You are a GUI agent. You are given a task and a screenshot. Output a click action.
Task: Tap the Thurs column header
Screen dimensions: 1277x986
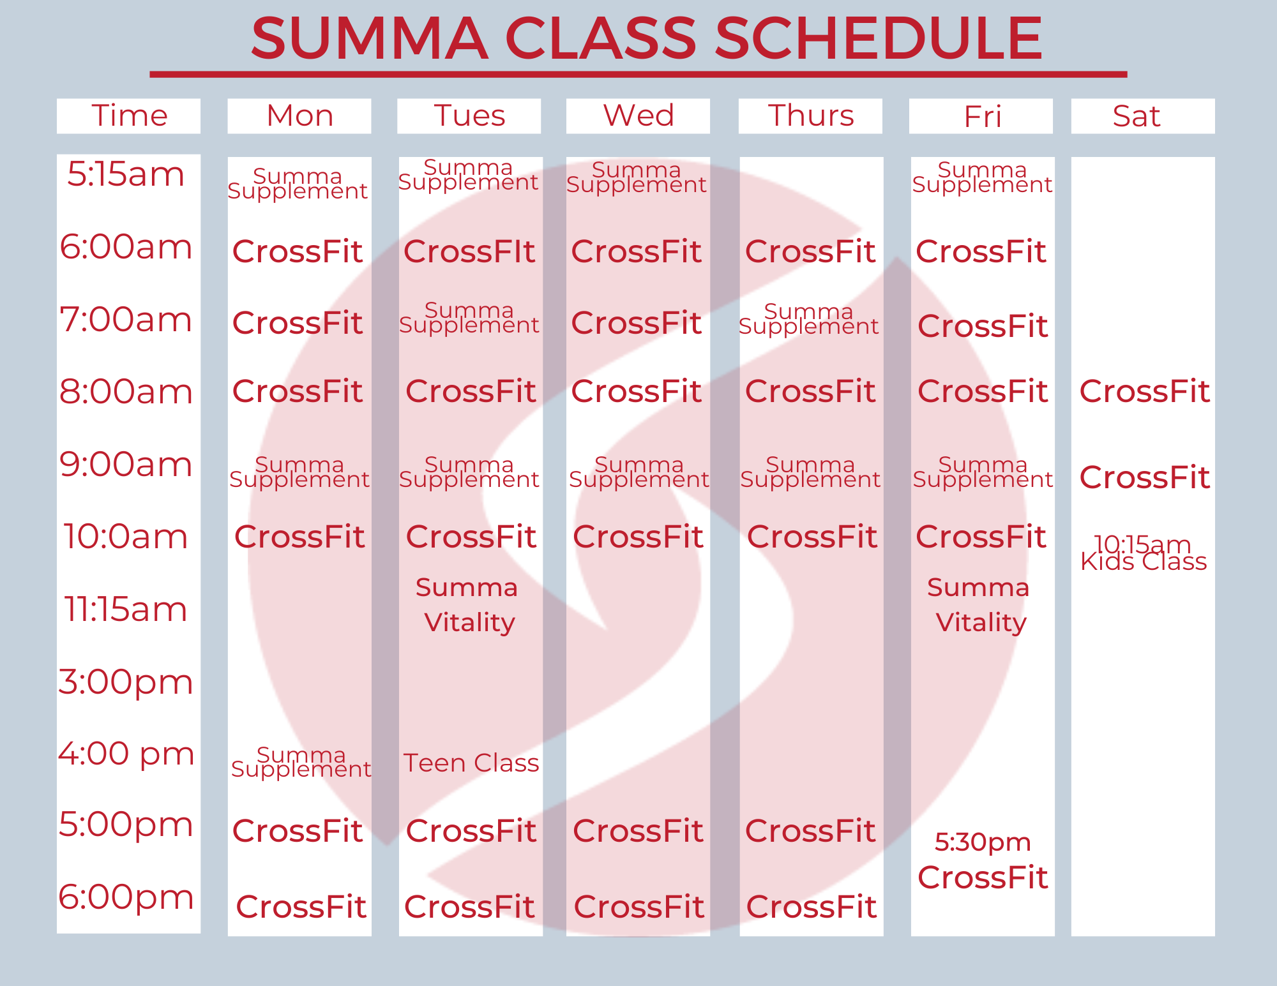point(811,116)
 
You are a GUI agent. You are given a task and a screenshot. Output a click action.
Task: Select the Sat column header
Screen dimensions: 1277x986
point(1137,116)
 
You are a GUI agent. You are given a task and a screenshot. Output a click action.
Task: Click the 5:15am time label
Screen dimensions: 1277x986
point(126,174)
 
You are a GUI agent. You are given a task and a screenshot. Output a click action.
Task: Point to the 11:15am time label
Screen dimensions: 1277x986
point(126,609)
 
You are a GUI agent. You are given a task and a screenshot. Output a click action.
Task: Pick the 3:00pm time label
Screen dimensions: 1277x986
point(126,682)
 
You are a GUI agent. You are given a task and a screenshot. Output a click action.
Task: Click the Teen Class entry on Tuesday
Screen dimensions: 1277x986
point(471,763)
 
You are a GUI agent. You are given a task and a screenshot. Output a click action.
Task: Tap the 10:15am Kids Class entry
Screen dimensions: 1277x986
point(1144,553)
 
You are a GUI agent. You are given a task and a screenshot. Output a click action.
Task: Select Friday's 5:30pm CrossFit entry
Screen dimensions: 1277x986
point(983,860)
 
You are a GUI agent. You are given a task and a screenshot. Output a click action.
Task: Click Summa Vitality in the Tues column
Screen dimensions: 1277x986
point(469,605)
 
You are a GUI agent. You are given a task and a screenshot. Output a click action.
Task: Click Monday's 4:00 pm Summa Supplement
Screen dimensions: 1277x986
point(301,762)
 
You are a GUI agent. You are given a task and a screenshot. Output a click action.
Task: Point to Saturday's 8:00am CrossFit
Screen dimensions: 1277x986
point(1144,391)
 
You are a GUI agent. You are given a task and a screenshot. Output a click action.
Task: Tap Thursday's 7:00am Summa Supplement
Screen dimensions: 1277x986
point(808,319)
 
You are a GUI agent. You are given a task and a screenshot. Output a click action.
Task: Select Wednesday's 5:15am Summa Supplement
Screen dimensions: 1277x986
point(636,177)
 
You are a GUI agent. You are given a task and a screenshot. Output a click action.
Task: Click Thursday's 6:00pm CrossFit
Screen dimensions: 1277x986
point(811,907)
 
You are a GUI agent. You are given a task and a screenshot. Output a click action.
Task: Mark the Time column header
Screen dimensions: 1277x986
point(130,116)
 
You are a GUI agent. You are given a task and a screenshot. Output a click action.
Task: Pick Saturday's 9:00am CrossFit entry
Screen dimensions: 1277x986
point(1144,477)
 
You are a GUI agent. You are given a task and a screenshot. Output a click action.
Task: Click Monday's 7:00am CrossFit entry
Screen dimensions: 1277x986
point(298,323)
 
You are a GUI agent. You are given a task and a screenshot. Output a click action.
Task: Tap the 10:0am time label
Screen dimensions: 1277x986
point(126,537)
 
